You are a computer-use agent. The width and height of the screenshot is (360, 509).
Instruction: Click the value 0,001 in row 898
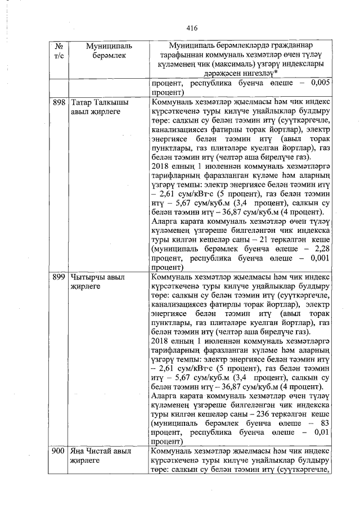[x=317, y=258]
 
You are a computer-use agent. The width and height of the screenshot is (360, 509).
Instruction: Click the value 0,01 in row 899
[x=319, y=432]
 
